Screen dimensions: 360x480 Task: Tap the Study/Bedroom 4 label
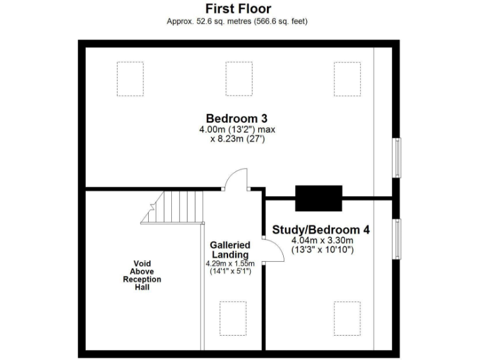pos(321,229)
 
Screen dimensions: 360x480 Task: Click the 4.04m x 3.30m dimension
pos(322,241)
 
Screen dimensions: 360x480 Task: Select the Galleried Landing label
pos(230,250)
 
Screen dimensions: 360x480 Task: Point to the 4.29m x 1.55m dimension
pos(230,264)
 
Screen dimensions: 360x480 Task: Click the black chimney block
pos(319,198)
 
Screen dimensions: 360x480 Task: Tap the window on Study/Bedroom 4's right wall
pos(396,237)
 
